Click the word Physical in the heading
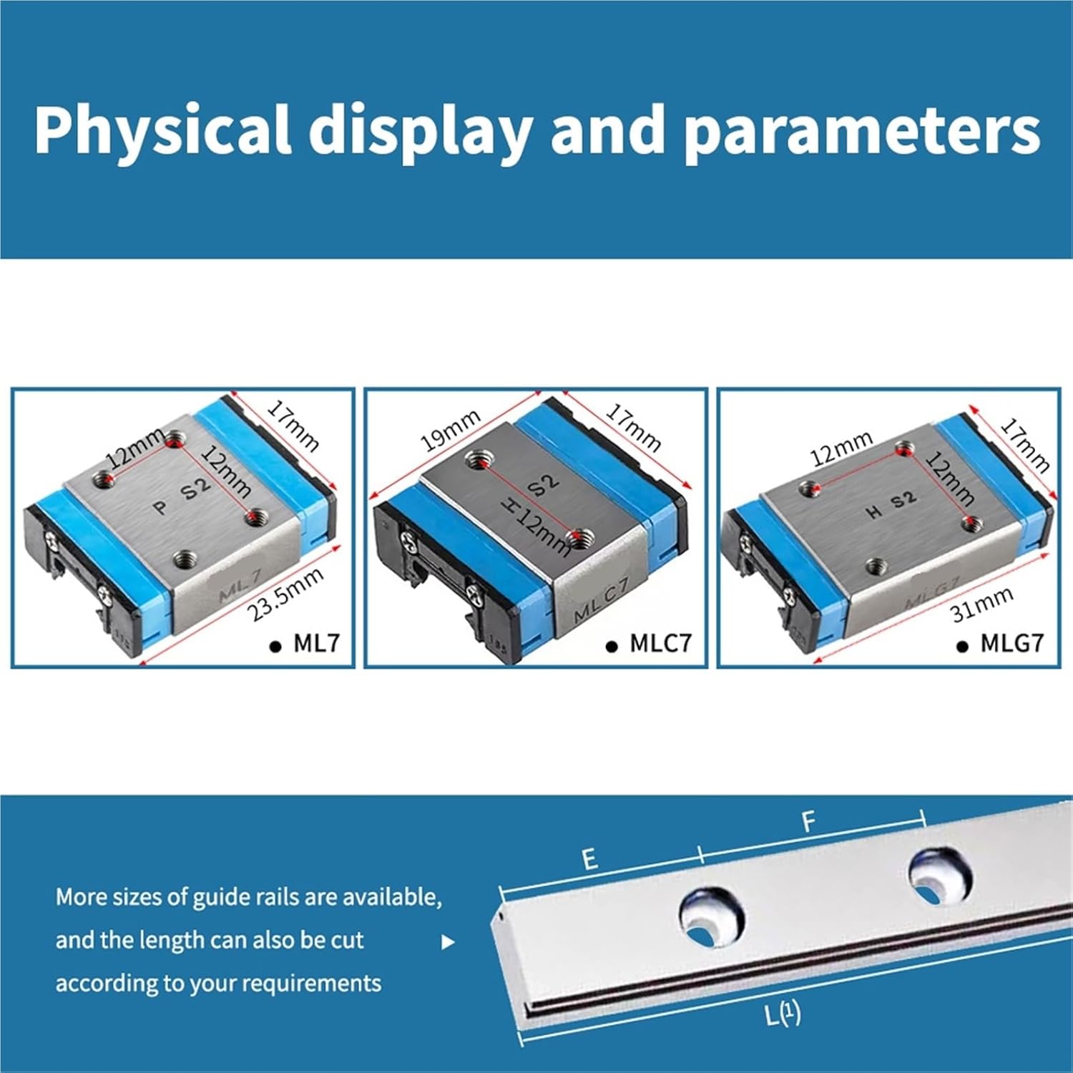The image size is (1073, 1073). (x=162, y=130)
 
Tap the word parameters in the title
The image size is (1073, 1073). (x=861, y=130)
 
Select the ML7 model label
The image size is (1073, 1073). (x=316, y=643)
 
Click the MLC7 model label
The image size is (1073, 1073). (x=660, y=643)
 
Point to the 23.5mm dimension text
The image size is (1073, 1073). (x=285, y=594)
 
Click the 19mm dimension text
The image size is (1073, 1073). (x=449, y=431)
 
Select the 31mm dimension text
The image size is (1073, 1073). (x=981, y=604)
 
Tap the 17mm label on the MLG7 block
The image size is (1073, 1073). (x=1025, y=446)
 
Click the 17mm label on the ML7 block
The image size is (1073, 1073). (x=293, y=426)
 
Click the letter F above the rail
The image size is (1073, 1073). (x=808, y=823)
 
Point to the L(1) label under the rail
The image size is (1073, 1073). (x=783, y=1014)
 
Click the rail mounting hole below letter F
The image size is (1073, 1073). (x=939, y=876)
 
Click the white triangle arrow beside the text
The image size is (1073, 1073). (x=448, y=942)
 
